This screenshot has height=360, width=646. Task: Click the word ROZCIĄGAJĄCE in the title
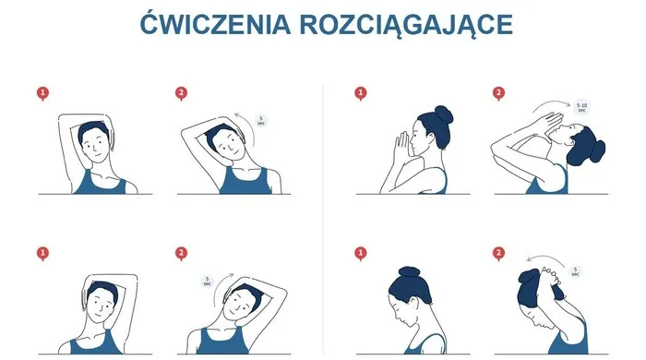pos(406,25)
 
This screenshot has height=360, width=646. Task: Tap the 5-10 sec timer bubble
pos(581,107)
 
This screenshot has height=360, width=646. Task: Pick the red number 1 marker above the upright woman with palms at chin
pos(361,92)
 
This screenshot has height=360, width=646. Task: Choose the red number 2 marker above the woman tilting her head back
pos(499,92)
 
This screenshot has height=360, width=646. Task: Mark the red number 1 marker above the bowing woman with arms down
pos(361,252)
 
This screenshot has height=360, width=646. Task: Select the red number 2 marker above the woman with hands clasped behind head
pos(499,252)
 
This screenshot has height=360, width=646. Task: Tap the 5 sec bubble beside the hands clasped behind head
pos(575,271)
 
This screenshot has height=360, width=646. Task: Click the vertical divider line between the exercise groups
pos(322,222)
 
